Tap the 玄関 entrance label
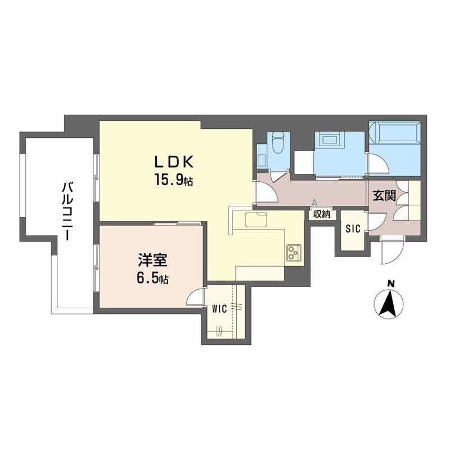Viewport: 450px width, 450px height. click(x=384, y=196)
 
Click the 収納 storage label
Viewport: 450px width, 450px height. click(x=322, y=214)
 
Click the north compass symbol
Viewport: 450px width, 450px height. click(x=390, y=303)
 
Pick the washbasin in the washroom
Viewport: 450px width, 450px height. click(x=327, y=139)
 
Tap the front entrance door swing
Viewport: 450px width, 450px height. click(x=391, y=250)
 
